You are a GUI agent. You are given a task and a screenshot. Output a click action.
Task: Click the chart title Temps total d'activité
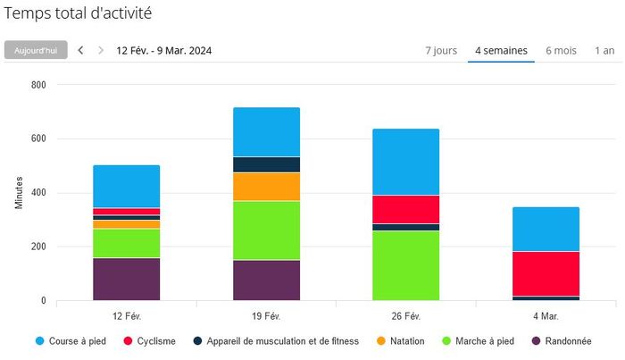pos(78,13)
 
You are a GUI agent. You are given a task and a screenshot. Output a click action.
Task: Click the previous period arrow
pos(80,50)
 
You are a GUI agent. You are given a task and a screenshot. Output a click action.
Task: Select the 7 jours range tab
pos(442,50)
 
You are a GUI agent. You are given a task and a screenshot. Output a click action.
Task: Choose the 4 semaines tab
pos(501,50)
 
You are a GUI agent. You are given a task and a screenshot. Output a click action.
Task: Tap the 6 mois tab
pos(561,50)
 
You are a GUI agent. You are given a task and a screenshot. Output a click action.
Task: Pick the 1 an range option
pos(604,50)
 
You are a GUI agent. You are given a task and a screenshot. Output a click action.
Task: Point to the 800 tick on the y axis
pos(39,85)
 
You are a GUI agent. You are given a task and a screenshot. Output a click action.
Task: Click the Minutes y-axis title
pos(19,193)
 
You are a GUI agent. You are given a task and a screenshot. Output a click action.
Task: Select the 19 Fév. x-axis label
pos(266,316)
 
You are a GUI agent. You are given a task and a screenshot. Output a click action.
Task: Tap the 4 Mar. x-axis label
pos(546,316)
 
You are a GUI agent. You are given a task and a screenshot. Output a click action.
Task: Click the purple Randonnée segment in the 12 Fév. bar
pos(126,279)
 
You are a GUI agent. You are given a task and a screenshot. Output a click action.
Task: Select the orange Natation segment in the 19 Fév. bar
pos(266,187)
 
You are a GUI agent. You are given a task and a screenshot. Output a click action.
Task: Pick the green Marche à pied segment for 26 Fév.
pos(406,265)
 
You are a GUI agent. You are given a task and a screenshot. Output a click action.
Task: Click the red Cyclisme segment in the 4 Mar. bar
pos(546,273)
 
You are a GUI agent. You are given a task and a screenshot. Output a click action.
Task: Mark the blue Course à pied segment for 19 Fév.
pos(266,131)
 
